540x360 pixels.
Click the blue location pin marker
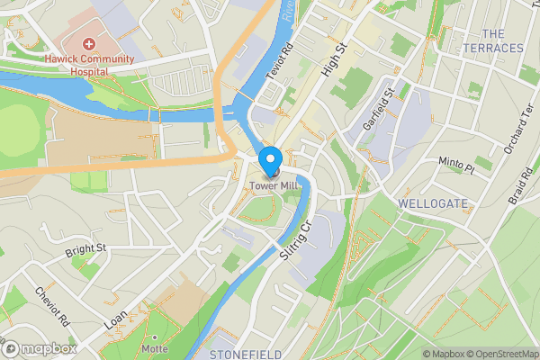[x=270, y=160]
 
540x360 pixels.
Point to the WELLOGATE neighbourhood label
[x=433, y=204]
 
